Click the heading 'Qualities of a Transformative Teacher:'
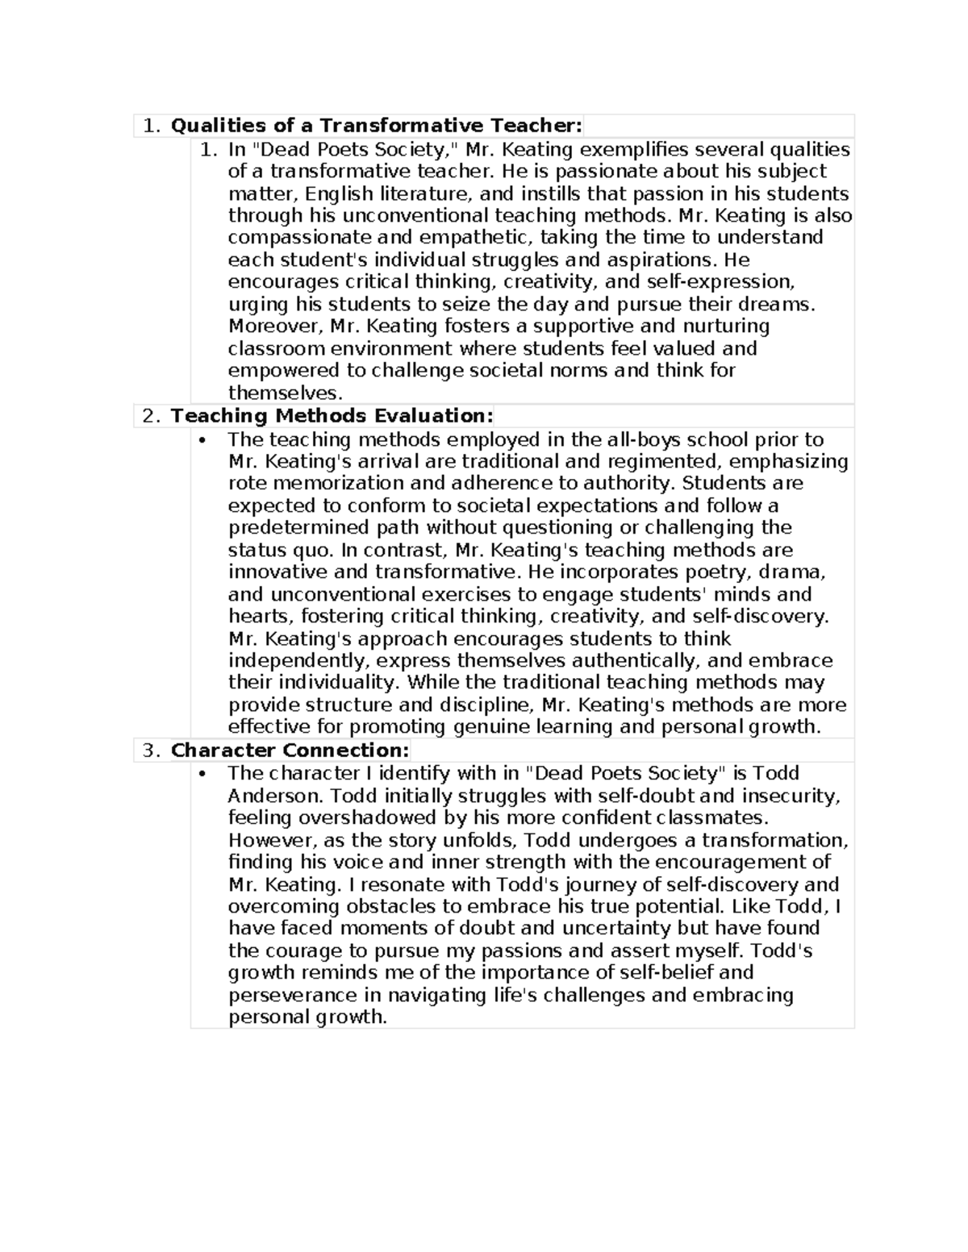(x=376, y=126)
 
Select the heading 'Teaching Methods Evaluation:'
(x=332, y=416)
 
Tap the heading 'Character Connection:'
(x=290, y=751)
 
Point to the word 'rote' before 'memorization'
(x=248, y=484)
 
